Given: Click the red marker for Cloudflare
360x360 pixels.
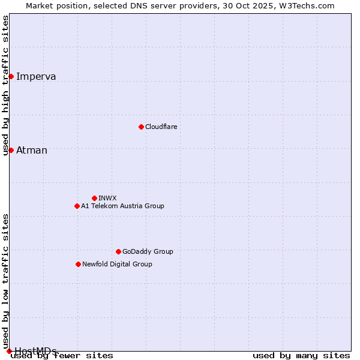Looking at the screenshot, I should [141, 127].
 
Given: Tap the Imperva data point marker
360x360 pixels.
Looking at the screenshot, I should [11, 76].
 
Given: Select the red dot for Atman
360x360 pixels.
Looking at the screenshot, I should [11, 150].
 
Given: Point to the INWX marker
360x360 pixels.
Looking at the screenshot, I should [94, 198].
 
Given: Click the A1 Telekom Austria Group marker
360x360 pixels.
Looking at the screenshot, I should [77, 206].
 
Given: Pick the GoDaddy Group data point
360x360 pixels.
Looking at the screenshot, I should [118, 251].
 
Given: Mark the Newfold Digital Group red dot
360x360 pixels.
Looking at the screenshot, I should [78, 264].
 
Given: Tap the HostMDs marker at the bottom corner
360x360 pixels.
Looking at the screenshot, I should [9, 351].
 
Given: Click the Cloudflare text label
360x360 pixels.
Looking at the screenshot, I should [161, 127].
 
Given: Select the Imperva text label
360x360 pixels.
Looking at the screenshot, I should [36, 76].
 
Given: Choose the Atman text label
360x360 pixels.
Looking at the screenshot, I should [32, 150].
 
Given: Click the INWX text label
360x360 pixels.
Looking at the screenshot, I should [107, 198].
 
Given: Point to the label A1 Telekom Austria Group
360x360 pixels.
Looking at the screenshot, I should [122, 206].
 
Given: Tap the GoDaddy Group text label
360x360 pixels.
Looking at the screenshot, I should [148, 251].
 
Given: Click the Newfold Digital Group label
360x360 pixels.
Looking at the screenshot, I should [117, 264].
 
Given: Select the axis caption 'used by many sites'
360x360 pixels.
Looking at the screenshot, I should [301, 356].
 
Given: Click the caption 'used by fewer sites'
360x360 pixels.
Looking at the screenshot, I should [62, 356].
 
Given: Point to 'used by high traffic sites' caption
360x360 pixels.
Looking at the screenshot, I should [6, 85].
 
